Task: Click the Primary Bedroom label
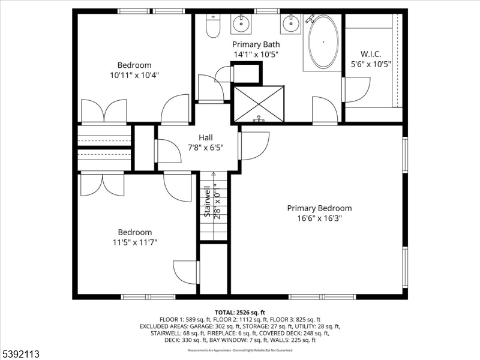click(319, 208)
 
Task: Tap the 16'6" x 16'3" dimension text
click(319, 218)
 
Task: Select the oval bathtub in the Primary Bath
click(323, 42)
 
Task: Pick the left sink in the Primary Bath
click(241, 25)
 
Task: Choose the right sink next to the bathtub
click(291, 25)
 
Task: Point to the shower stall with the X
click(259, 103)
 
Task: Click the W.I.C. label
click(371, 53)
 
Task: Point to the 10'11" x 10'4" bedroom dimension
click(134, 75)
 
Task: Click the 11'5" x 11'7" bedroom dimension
click(134, 242)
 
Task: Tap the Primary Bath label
click(256, 44)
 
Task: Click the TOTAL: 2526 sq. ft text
click(239, 313)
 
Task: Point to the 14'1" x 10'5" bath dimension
click(256, 54)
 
